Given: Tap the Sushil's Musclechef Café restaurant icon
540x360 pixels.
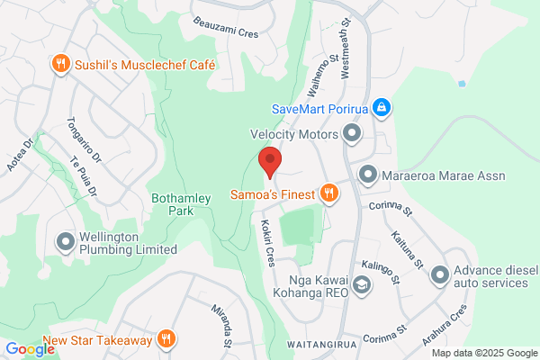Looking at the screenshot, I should [x=59, y=64].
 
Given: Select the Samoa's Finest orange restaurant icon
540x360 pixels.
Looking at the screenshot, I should [x=329, y=193].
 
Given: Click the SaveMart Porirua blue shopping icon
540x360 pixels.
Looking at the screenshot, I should [x=382, y=109].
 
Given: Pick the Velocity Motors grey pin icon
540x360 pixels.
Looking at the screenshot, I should [x=352, y=135].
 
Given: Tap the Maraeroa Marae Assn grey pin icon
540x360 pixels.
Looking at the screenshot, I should [x=367, y=175].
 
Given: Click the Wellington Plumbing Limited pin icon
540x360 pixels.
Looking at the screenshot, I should [x=65, y=241].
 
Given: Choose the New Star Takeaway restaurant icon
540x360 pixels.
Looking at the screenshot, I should [x=166, y=339].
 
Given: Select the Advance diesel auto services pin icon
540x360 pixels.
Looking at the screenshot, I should [x=439, y=274].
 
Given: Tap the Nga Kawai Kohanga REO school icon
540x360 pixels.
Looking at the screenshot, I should [x=361, y=286].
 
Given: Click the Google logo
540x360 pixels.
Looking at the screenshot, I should [x=30, y=349].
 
